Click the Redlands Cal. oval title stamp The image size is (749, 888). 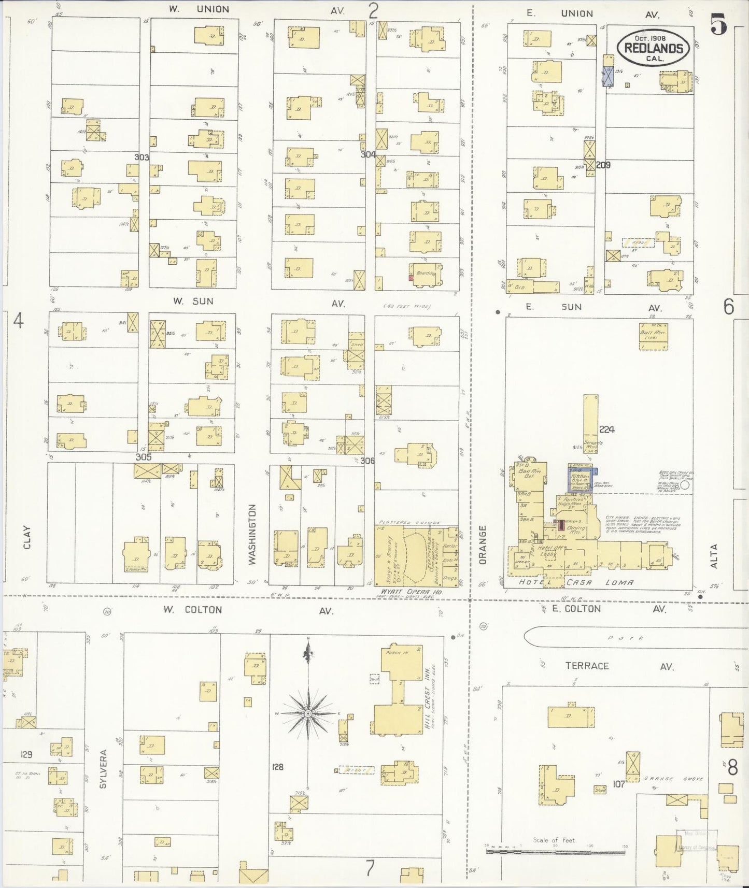(x=653, y=48)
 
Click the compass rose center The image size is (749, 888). (x=308, y=713)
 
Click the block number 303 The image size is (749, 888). (x=142, y=157)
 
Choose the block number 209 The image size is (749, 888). (x=603, y=165)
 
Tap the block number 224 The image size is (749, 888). (x=606, y=429)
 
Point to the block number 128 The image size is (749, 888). (x=278, y=767)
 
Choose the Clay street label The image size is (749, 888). (x=27, y=537)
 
